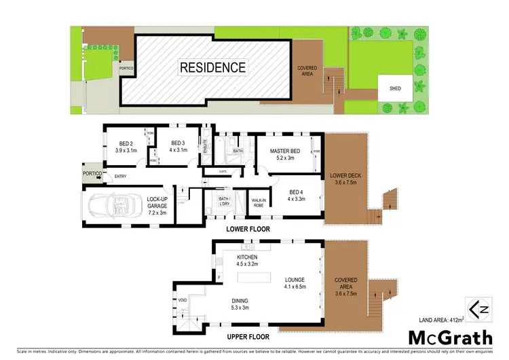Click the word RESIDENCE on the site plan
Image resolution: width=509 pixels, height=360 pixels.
pyautogui.click(x=212, y=67)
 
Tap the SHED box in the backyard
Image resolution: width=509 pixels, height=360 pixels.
pyautogui.click(x=394, y=88)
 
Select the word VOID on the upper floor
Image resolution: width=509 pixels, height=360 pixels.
pyautogui.click(x=182, y=300)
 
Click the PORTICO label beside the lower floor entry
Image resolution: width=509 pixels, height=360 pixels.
pyautogui.click(x=92, y=173)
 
